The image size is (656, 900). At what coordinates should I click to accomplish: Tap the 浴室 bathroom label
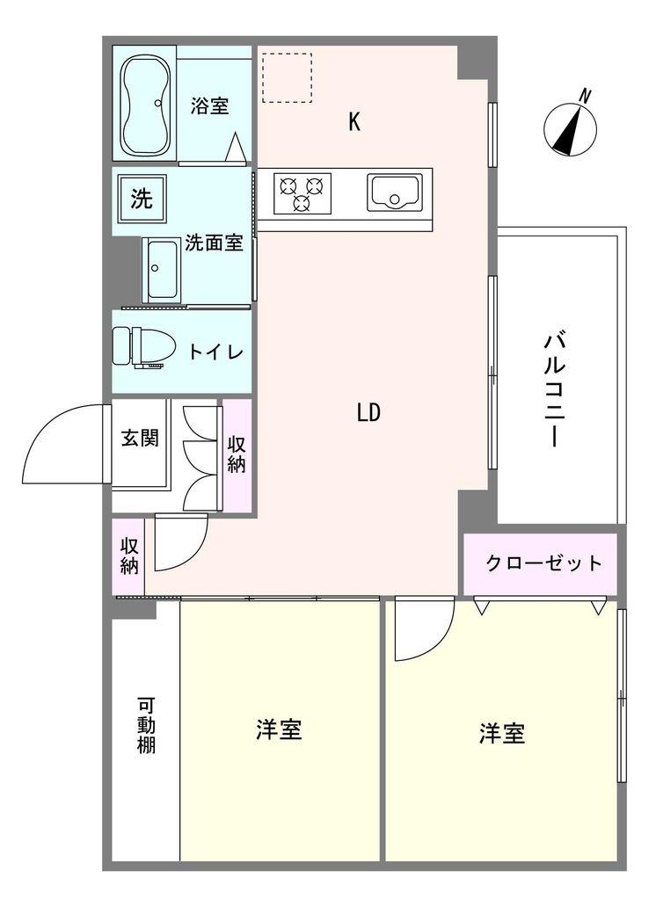click(x=210, y=105)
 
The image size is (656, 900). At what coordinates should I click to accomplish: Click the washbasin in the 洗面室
click(x=162, y=269)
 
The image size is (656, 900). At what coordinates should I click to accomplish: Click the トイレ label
click(x=215, y=352)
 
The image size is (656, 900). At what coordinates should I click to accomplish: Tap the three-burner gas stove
click(x=302, y=192)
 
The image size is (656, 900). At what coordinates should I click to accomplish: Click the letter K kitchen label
click(x=354, y=122)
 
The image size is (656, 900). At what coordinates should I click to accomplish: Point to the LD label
click(x=368, y=412)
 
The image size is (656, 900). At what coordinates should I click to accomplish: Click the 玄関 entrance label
click(x=140, y=438)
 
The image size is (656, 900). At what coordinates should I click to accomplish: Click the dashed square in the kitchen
click(x=287, y=77)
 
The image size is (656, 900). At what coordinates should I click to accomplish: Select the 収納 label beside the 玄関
click(x=237, y=454)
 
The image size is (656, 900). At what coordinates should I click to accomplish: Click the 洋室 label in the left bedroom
click(x=280, y=729)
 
